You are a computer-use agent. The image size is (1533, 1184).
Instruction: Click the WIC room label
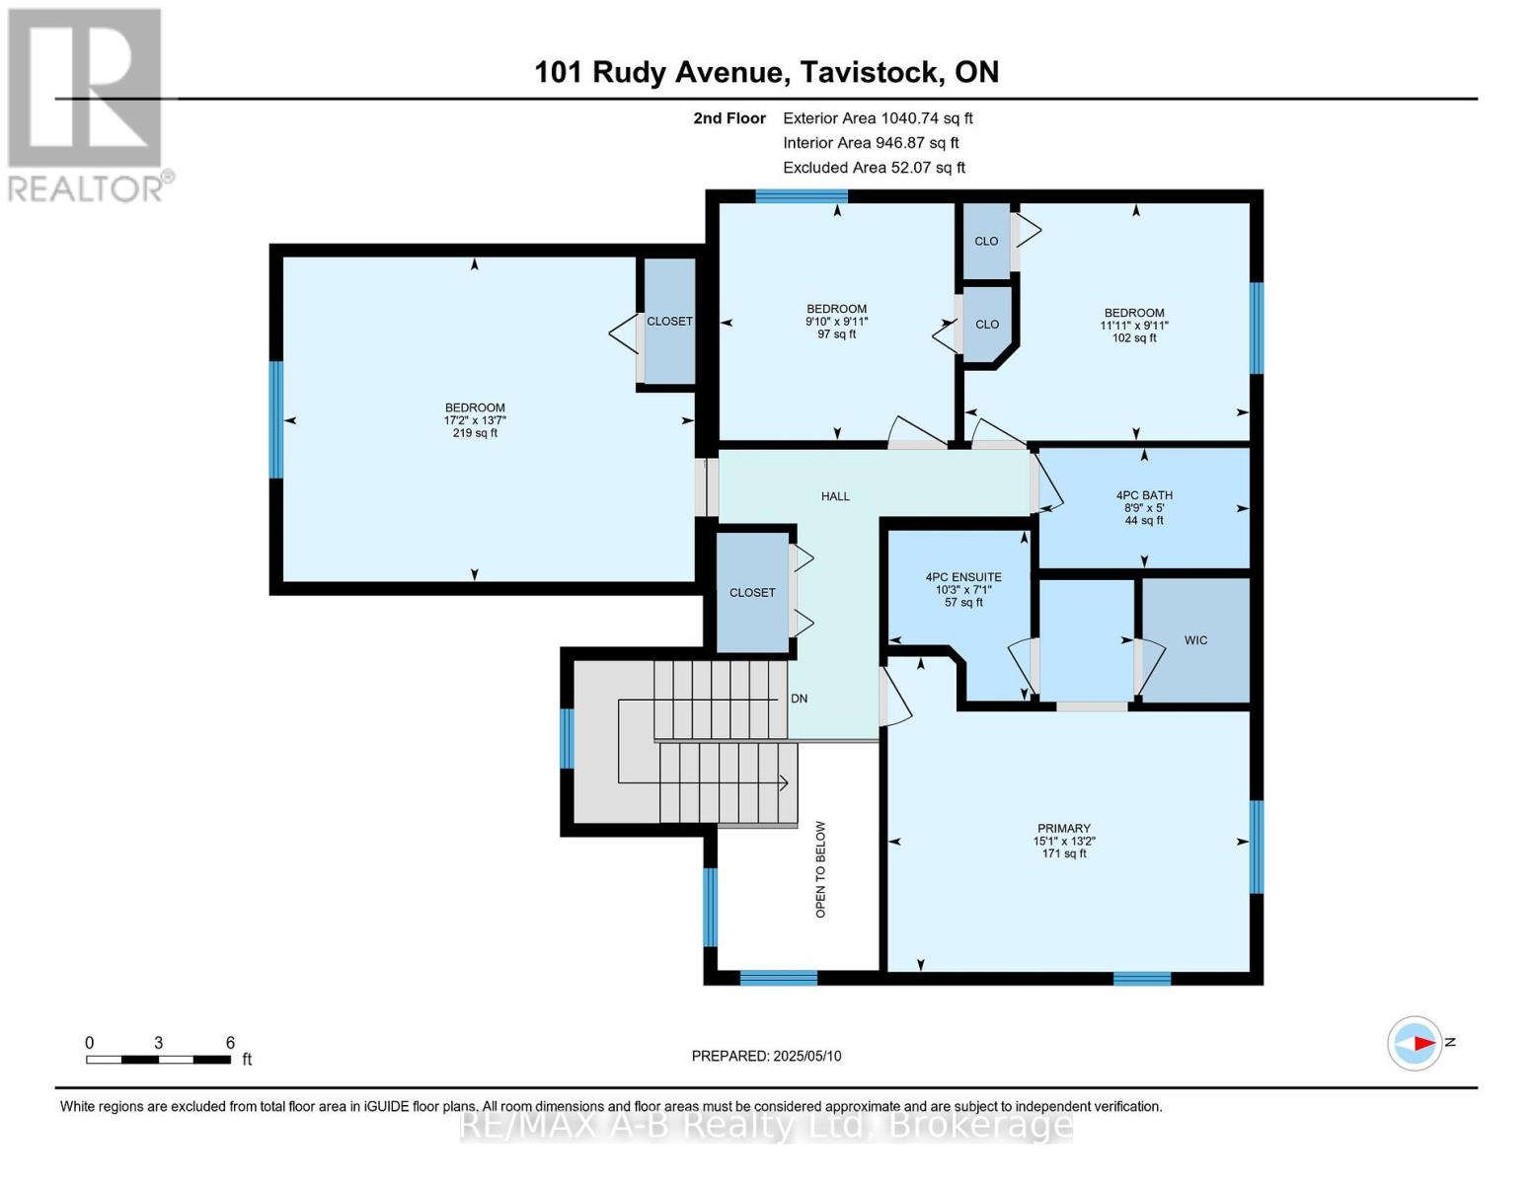click(x=1195, y=640)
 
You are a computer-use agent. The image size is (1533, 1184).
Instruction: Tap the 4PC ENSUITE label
click(x=962, y=577)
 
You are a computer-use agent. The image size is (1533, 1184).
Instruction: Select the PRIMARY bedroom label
click(x=1063, y=829)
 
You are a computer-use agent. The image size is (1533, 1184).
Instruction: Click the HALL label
click(x=835, y=496)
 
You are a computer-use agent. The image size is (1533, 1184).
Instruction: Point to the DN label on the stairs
click(x=799, y=699)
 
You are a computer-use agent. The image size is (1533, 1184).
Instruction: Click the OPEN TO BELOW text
click(x=820, y=869)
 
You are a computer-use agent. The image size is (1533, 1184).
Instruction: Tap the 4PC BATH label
click(x=1144, y=495)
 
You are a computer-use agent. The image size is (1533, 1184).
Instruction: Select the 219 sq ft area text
click(x=475, y=433)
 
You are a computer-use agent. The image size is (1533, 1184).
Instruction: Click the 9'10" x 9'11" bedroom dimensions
click(x=836, y=322)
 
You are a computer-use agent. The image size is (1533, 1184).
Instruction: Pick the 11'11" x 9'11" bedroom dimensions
click(x=1134, y=326)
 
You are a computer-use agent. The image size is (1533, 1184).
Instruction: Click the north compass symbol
click(x=1416, y=1043)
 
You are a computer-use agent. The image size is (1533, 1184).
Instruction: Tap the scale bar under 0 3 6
click(x=158, y=1060)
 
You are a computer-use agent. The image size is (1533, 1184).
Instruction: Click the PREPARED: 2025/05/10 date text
click(x=766, y=1056)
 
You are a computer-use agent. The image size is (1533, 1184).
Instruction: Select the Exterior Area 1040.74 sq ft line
click(x=878, y=118)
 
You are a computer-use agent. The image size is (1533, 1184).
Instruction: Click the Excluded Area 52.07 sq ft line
click(x=874, y=168)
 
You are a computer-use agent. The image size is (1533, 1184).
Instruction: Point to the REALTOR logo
click(x=87, y=105)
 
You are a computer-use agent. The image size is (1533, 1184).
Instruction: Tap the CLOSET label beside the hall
click(x=752, y=593)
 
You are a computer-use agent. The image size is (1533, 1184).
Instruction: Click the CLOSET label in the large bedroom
click(x=669, y=322)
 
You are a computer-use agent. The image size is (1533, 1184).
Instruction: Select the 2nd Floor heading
click(x=729, y=118)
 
